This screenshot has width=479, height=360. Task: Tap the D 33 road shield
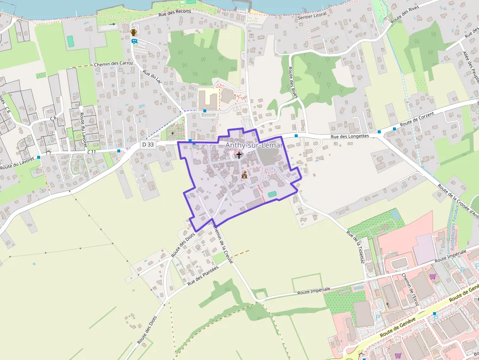click(148, 145)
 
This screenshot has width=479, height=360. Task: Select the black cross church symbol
click(239, 155)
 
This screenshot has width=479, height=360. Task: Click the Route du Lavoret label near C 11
click(18, 163)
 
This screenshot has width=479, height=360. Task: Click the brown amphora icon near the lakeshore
click(133, 32)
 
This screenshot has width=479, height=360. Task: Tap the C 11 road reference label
click(91, 152)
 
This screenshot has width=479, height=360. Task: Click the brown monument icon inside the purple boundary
click(244, 174)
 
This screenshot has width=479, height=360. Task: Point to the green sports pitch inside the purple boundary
click(272, 194)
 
